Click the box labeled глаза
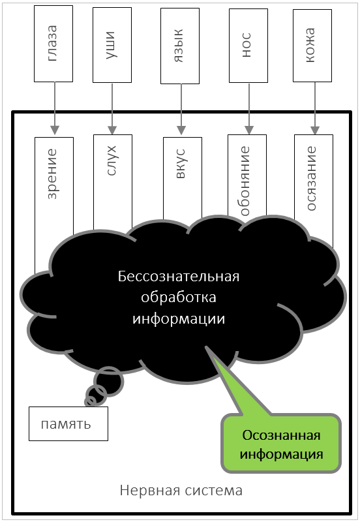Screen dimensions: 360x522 click(x=53, y=44)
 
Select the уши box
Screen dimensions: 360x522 click(x=112, y=45)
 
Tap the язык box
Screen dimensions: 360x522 click(x=180, y=46)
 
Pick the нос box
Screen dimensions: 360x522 click(x=248, y=46)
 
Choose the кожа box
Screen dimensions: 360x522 click(x=312, y=46)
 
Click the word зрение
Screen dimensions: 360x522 click(x=52, y=174)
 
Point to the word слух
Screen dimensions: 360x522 click(x=112, y=160)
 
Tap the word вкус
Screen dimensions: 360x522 click(x=181, y=164)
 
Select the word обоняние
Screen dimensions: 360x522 click(x=245, y=181)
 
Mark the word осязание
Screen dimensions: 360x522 click(x=312, y=178)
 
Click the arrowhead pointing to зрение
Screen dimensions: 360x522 click(x=55, y=130)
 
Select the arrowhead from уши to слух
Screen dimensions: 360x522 click(x=112, y=130)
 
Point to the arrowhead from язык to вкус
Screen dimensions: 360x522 click(x=181, y=130)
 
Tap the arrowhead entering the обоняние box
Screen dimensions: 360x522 click(x=249, y=130)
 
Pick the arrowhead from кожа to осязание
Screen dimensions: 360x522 click(x=315, y=130)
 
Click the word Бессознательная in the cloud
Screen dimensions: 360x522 click(x=179, y=277)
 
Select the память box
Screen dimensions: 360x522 click(x=68, y=423)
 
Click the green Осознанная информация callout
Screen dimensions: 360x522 click(x=282, y=443)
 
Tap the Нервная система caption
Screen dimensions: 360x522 click(x=181, y=491)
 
